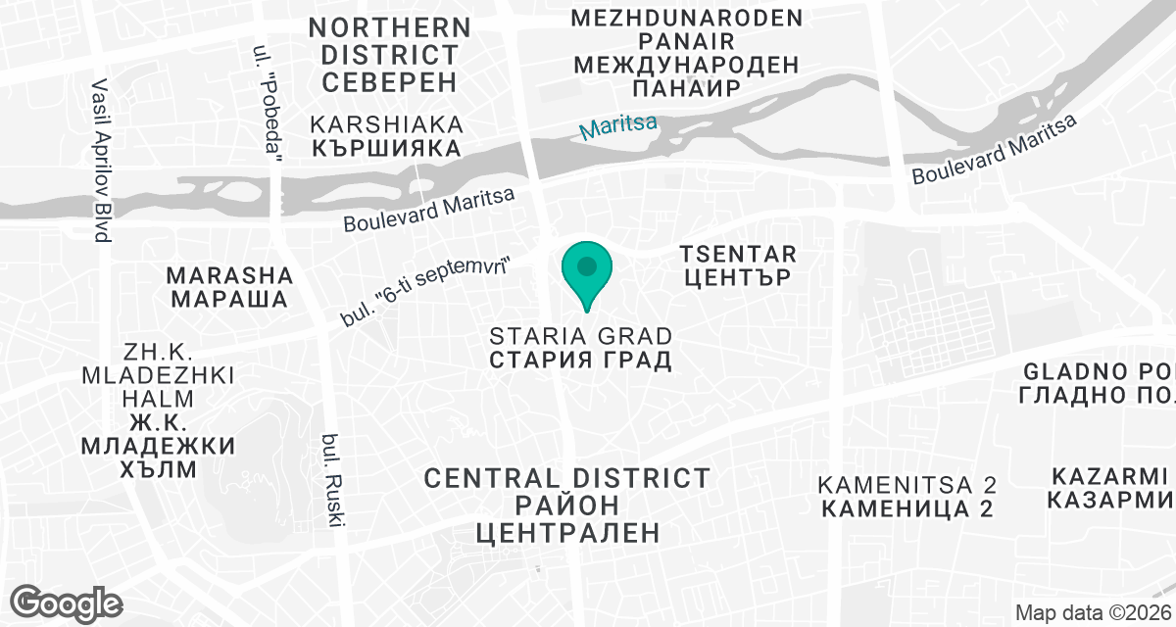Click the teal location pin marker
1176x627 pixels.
pyautogui.click(x=587, y=270)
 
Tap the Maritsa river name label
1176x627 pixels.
pyautogui.click(x=617, y=127)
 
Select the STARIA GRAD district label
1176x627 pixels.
pyautogui.click(x=581, y=347)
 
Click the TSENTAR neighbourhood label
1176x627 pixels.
pyautogui.click(x=737, y=265)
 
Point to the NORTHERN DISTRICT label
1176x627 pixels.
pyautogui.click(x=389, y=40)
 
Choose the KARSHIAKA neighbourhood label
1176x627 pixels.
pyautogui.click(x=386, y=136)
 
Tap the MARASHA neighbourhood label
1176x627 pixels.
pyautogui.click(x=230, y=286)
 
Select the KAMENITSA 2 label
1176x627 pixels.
pyautogui.click(x=907, y=497)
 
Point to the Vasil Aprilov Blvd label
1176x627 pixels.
pyautogui.click(x=100, y=161)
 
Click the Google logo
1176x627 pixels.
pyautogui.click(x=68, y=602)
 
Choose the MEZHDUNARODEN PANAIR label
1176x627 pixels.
pyautogui.click(x=685, y=53)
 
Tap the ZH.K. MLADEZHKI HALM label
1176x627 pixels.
pyautogui.click(x=159, y=410)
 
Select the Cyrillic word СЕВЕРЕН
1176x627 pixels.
pyautogui.click(x=389, y=81)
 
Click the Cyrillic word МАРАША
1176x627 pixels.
pyautogui.click(x=230, y=298)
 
